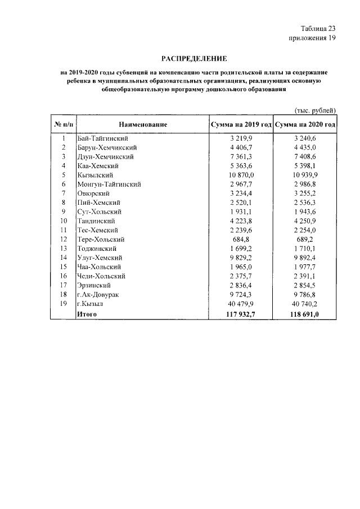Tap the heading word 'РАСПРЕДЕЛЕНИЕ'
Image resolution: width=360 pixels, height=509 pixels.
[x=194, y=58]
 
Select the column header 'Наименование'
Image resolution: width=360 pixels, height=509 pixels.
[x=143, y=124]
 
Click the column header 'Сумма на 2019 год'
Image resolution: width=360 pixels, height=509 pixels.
[x=240, y=124]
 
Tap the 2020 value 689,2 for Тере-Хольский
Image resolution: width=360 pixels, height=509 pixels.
[x=305, y=239]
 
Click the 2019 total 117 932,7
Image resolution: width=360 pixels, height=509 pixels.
[x=241, y=313]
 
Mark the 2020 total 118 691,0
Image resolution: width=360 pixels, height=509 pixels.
[x=305, y=313]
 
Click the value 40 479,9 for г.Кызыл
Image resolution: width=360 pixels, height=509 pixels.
[x=241, y=303]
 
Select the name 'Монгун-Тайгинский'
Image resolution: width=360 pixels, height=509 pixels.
[x=109, y=184]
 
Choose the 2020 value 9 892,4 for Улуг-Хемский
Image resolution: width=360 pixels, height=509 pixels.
[x=305, y=258]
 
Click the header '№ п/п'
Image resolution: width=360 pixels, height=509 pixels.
[x=64, y=124]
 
